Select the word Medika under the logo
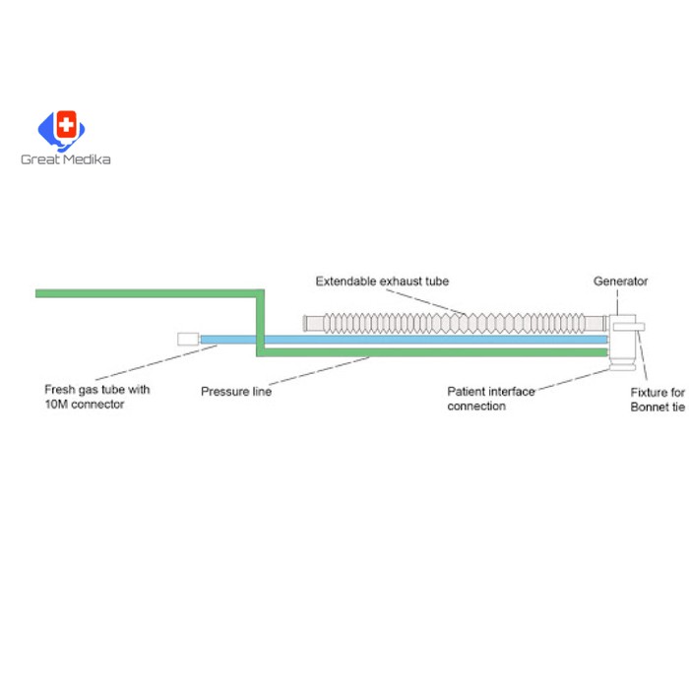(x=87, y=159)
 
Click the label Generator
(x=620, y=282)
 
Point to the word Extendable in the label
(x=344, y=282)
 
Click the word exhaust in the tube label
(x=401, y=282)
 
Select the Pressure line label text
(x=236, y=392)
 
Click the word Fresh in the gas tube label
(x=61, y=390)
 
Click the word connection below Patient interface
(x=476, y=407)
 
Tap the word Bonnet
(x=651, y=407)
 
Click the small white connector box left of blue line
(x=187, y=339)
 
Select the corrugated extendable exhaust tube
(x=453, y=322)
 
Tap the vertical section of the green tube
(x=260, y=320)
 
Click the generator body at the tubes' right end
(x=622, y=340)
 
